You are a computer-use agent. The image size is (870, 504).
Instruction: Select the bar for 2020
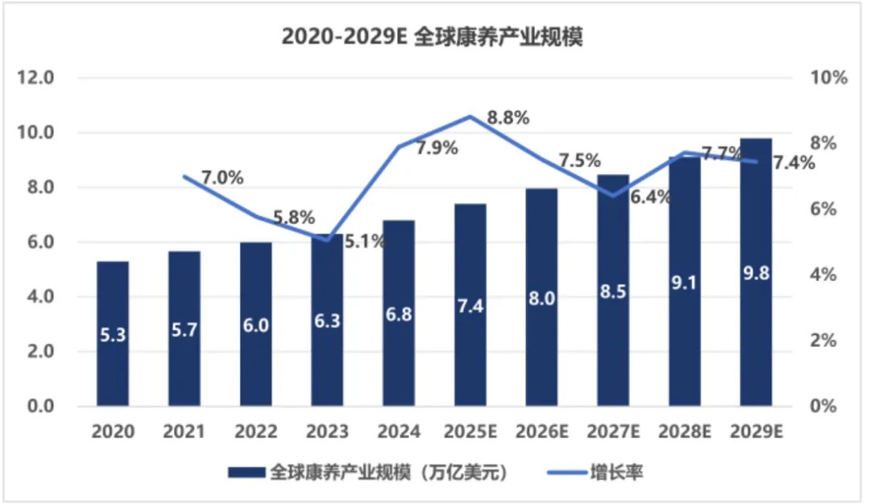pyautogui.click(x=113, y=333)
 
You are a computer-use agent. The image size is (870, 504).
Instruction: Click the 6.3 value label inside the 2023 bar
pyautogui.click(x=327, y=320)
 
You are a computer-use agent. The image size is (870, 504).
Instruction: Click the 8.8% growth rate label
pyautogui.click(x=508, y=118)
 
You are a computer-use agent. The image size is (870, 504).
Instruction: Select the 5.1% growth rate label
pyautogui.click(x=365, y=240)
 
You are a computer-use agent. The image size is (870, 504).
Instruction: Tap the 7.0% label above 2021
pyautogui.click(x=222, y=178)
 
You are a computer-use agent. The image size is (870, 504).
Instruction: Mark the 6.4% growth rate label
pyautogui.click(x=651, y=197)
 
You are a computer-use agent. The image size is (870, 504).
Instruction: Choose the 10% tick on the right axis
pyautogui.click(x=831, y=78)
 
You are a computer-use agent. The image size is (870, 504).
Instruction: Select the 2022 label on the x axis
pyautogui.click(x=255, y=432)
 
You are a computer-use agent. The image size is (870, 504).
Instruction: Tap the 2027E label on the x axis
pyautogui.click(x=614, y=432)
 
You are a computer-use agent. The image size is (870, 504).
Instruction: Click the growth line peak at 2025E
pyautogui.click(x=470, y=117)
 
